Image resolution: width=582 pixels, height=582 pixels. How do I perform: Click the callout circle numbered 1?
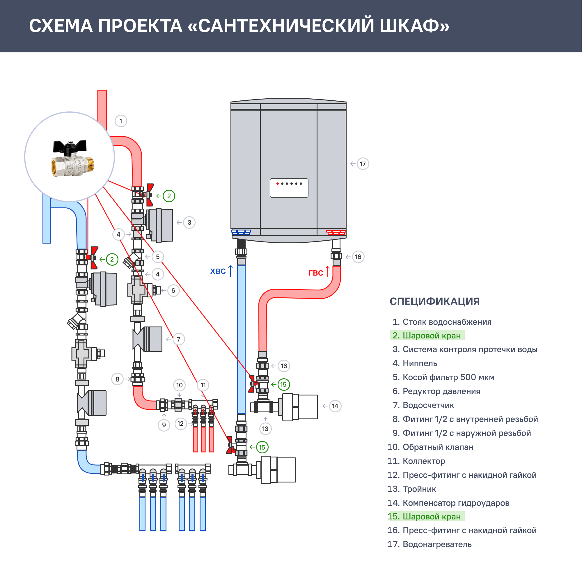(x=121, y=121)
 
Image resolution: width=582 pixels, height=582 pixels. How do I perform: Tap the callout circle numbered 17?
(x=363, y=164)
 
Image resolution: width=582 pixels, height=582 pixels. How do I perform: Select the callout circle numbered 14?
(x=335, y=406)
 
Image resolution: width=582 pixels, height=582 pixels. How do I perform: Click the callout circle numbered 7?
(x=178, y=340)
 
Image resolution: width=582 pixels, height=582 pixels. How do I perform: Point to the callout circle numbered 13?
(x=265, y=429)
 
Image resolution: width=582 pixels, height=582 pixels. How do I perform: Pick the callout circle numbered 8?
(x=118, y=379)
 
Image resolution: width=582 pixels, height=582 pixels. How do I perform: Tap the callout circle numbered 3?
(x=189, y=223)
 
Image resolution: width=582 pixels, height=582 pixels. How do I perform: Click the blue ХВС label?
(x=218, y=272)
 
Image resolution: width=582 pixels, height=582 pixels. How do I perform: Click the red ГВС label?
(x=316, y=273)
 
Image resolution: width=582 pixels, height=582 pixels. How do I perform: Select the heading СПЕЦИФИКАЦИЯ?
(x=435, y=301)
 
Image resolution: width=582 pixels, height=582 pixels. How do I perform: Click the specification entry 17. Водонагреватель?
(x=430, y=544)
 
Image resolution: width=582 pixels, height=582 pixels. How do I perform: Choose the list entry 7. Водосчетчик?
(x=423, y=405)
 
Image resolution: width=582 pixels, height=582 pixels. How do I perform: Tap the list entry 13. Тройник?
(x=412, y=489)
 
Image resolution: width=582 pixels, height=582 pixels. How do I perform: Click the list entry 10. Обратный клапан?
(x=430, y=447)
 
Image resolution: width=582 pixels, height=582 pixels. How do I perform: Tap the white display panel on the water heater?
(x=289, y=188)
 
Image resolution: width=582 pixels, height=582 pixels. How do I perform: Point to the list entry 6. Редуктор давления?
(x=436, y=391)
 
